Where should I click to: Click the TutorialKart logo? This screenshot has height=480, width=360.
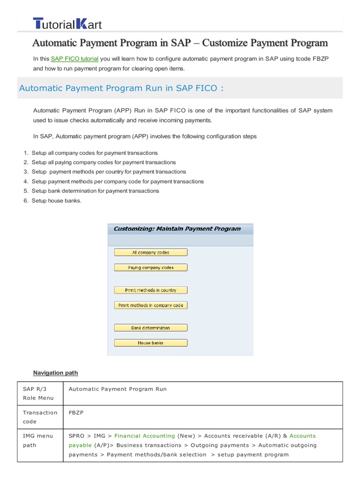click(x=67, y=24)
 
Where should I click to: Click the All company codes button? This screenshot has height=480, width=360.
click(x=150, y=253)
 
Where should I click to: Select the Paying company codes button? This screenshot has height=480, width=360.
click(x=150, y=268)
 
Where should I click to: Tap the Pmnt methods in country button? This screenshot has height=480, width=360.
click(x=150, y=290)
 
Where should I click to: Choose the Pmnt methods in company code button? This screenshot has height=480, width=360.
click(x=150, y=305)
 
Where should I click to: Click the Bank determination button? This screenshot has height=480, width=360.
click(x=150, y=328)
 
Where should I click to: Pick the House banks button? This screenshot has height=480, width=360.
click(x=150, y=343)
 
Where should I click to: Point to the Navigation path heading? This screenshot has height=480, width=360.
click(x=55, y=373)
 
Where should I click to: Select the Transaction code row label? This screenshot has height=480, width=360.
click(x=40, y=417)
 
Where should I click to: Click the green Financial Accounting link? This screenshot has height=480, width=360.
click(x=144, y=435)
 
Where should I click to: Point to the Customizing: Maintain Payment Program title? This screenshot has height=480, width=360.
click(x=177, y=229)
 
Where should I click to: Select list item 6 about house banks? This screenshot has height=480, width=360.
click(x=57, y=200)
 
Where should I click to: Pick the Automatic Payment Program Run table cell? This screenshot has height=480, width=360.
click(x=118, y=389)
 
